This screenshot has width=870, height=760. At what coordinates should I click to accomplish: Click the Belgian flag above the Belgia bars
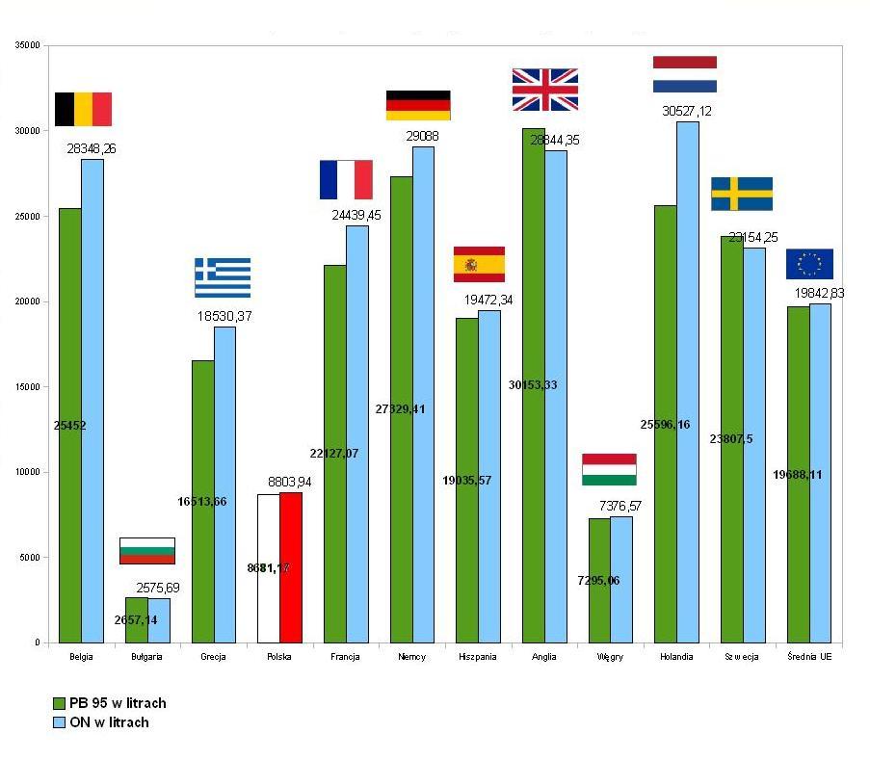(83, 109)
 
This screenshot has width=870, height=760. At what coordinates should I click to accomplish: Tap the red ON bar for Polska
(290, 567)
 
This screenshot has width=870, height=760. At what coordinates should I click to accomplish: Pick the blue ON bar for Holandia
(688, 385)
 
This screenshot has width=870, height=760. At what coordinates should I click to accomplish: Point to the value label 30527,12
(687, 111)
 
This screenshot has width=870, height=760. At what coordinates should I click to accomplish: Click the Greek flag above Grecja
(223, 277)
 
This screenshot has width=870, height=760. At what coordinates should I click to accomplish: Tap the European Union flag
(809, 264)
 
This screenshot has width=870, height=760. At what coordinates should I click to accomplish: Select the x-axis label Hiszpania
(478, 657)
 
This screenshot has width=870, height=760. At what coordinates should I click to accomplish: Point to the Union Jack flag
(545, 90)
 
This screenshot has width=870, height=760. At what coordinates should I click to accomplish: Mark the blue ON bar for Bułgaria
(158, 620)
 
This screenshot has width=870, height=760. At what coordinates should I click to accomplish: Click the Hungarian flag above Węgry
(609, 469)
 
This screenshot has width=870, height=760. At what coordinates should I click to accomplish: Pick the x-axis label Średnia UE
(808, 657)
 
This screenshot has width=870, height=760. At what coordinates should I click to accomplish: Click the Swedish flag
(742, 194)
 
